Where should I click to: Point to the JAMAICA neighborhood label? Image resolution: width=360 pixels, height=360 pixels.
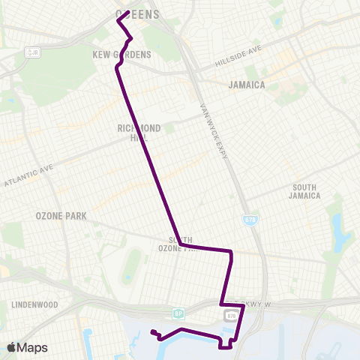[247, 85]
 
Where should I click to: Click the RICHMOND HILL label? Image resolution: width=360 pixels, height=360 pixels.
[136, 133]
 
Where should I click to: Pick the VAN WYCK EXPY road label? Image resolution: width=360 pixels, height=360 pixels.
[212, 131]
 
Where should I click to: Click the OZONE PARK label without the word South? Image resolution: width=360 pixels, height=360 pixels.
[61, 216]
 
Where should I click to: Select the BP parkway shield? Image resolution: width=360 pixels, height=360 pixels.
[178, 313]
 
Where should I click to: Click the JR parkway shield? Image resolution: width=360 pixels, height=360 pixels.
[31, 52]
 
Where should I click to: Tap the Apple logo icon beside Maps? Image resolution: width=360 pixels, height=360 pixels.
[11, 347]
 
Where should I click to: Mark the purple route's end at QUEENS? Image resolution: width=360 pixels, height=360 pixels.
[129, 12]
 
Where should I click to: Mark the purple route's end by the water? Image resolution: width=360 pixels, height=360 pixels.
[151, 331]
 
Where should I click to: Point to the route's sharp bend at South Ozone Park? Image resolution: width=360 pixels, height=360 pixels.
[181, 245]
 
